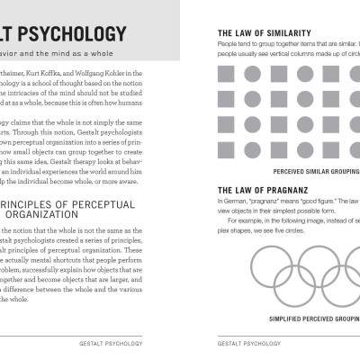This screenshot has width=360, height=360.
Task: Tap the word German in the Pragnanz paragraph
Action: (234, 202)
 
